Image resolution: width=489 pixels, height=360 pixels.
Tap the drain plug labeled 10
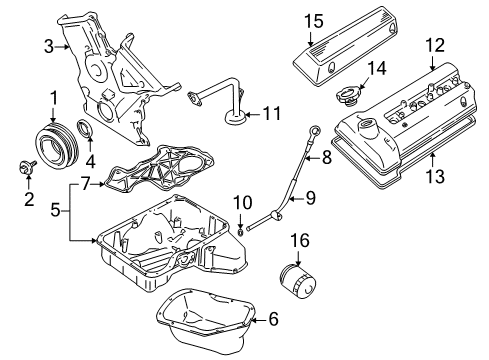pos(241,235)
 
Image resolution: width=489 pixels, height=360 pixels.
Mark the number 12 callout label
pos(433,45)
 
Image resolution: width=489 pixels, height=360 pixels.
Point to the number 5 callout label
pos(56,210)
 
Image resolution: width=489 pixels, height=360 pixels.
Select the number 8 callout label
pos(326,156)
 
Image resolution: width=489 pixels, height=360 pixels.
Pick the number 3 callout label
pos(48,45)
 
